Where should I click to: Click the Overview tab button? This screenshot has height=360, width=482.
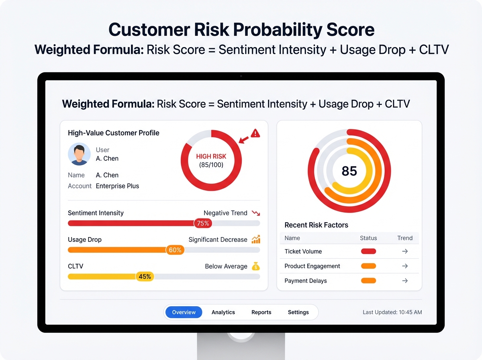(x=184, y=312)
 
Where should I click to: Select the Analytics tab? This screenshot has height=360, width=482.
(x=223, y=312)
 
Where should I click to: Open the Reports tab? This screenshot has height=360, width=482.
(x=261, y=312)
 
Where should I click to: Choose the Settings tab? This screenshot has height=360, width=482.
(x=298, y=312)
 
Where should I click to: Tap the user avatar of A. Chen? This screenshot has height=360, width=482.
(x=80, y=154)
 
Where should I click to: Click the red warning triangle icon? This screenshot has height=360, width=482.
(x=255, y=133)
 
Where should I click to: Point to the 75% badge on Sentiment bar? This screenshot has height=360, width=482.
(x=203, y=223)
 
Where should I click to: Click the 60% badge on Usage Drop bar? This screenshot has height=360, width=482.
(x=175, y=250)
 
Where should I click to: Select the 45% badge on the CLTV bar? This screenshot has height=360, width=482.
(x=145, y=276)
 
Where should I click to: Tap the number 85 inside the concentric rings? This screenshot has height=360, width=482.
(x=349, y=171)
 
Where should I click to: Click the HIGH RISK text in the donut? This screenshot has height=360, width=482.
(x=211, y=156)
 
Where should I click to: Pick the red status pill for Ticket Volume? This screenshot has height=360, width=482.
(x=368, y=252)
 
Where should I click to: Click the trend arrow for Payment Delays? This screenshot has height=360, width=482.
(x=405, y=281)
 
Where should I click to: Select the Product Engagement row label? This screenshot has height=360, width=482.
(x=312, y=266)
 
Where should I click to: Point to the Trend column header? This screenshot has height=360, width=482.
(x=405, y=238)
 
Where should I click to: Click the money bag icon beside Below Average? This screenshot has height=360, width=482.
(x=256, y=266)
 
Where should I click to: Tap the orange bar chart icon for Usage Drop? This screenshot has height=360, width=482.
(x=256, y=239)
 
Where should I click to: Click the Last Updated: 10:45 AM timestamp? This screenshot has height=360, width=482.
(x=392, y=312)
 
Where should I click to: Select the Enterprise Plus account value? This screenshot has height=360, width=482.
(x=117, y=186)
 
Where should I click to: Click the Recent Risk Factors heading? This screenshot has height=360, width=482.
(x=316, y=225)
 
